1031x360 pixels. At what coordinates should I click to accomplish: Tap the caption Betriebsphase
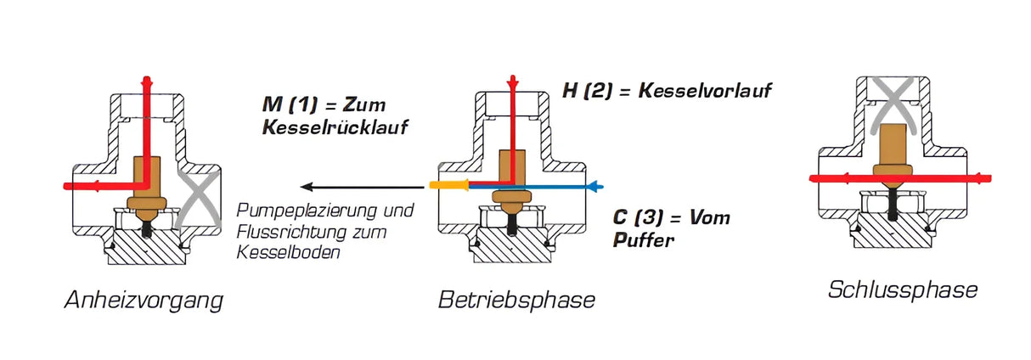[516, 300]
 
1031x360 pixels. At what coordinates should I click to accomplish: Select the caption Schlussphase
[902, 290]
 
